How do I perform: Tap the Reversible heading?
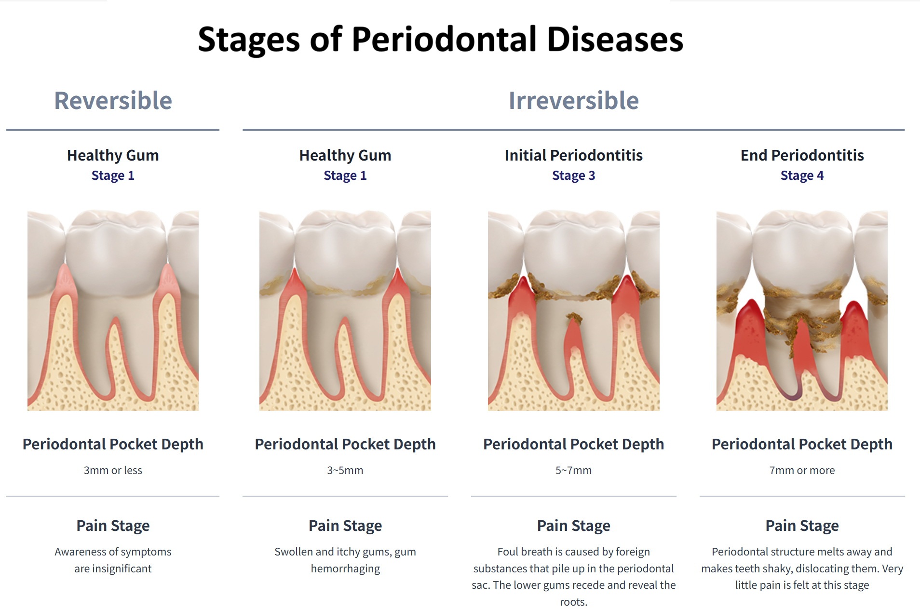tap(113, 101)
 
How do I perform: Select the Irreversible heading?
tap(573, 101)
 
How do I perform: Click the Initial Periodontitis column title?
tap(573, 155)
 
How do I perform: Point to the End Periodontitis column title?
tap(802, 155)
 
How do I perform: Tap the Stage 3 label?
tap(573, 176)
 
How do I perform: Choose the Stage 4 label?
tap(802, 176)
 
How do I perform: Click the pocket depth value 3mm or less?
tap(113, 470)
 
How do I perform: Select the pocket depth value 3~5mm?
tap(345, 470)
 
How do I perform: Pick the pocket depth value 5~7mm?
tap(573, 470)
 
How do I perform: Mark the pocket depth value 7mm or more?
tap(802, 470)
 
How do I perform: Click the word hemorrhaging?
tap(345, 569)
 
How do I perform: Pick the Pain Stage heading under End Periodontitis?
tap(802, 526)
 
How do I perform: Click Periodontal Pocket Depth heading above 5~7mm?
tap(573, 444)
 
